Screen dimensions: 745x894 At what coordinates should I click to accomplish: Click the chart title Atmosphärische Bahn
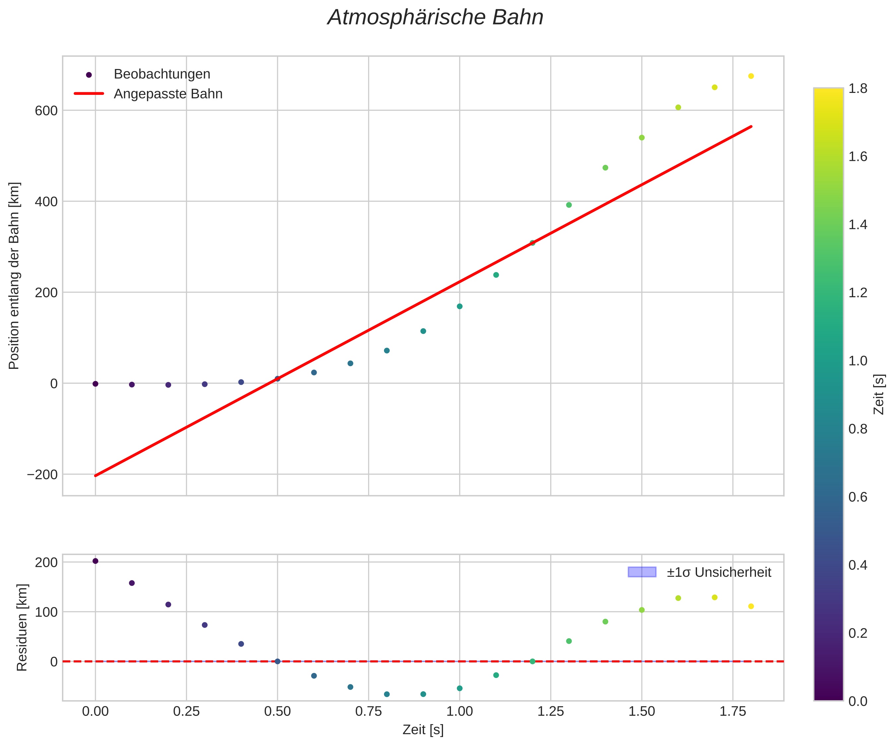(x=435, y=18)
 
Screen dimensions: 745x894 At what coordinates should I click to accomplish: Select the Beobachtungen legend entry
(x=162, y=74)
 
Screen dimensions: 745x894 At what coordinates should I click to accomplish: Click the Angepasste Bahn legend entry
(x=168, y=94)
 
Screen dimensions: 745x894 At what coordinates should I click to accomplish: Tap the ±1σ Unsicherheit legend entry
(x=719, y=572)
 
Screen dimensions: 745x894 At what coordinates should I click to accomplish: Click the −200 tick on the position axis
(x=42, y=474)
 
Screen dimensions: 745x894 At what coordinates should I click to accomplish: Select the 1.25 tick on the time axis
(x=550, y=711)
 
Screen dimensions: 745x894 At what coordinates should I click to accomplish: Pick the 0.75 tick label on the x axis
(x=368, y=711)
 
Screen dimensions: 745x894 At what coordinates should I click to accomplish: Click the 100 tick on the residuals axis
(x=46, y=612)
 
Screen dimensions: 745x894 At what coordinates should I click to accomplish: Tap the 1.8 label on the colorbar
(x=858, y=89)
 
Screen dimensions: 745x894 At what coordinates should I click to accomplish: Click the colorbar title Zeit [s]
(x=879, y=394)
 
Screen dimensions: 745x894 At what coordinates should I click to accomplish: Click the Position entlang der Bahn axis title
(x=15, y=276)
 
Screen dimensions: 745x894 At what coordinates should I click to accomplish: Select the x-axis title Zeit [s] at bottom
(x=423, y=730)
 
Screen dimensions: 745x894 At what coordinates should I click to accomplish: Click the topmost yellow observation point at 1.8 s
(x=751, y=76)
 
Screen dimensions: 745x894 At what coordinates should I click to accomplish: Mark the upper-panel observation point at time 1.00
(x=459, y=306)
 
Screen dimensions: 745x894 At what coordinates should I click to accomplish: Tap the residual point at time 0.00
(x=96, y=561)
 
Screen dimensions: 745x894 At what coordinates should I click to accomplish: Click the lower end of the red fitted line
(x=96, y=476)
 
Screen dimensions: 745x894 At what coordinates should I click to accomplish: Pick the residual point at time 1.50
(x=642, y=610)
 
